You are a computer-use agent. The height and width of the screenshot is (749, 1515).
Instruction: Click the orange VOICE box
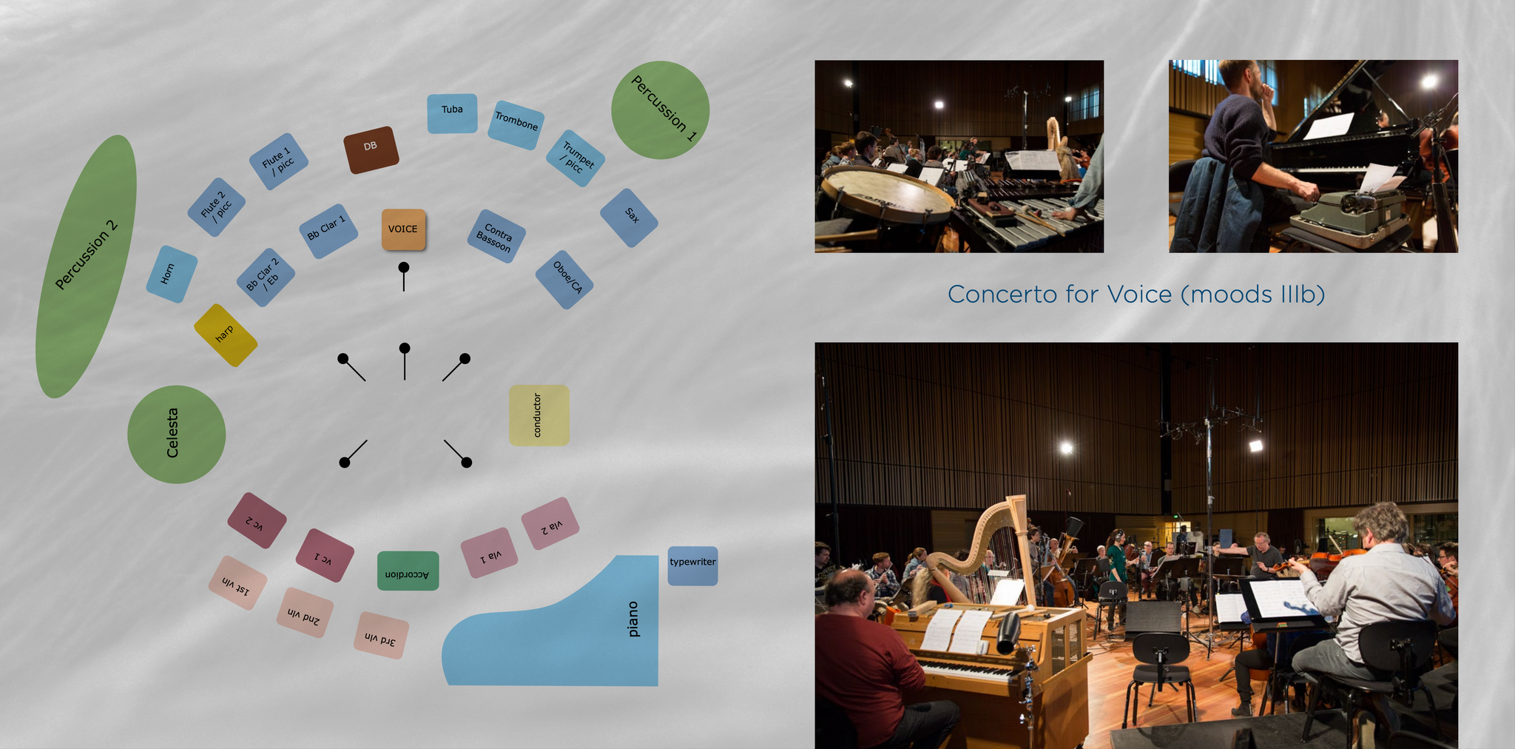point(403,229)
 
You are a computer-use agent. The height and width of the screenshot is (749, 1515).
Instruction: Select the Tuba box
point(452,113)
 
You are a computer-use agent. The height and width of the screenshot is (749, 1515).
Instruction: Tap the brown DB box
point(371,150)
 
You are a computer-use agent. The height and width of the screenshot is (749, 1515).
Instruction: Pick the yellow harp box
point(226,335)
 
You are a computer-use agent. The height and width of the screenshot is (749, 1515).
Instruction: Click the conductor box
point(539,415)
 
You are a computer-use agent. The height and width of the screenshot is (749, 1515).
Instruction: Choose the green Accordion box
point(408,571)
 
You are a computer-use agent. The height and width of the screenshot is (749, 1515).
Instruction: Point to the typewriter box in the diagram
point(692,566)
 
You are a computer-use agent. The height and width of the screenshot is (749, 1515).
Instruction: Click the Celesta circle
point(176,434)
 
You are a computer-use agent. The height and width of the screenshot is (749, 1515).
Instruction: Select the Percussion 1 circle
point(660,110)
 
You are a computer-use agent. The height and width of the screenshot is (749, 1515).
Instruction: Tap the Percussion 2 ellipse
point(86,266)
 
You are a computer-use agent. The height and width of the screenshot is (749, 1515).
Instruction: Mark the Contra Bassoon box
point(496,236)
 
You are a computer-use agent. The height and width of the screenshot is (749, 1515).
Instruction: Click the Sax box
point(629,218)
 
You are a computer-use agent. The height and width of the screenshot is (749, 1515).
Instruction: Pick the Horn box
point(172,274)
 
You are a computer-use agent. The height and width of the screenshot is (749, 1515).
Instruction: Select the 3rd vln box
point(382,636)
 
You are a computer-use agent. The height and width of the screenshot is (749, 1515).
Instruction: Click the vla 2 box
point(550,523)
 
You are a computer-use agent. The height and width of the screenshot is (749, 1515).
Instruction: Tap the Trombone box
point(516,125)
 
